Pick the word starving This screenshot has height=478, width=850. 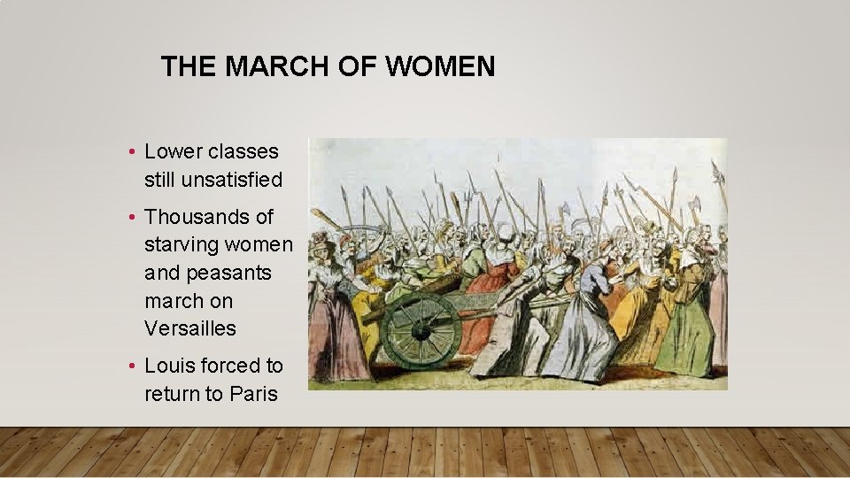pos(181,244)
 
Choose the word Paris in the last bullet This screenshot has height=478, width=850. pos(253,394)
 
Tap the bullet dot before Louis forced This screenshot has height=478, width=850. pos(131,366)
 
